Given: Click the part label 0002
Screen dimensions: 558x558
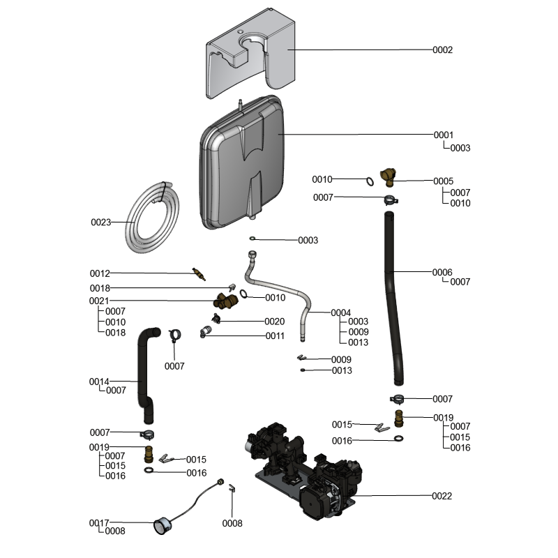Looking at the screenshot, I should [x=443, y=50].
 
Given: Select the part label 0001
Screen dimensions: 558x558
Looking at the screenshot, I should [x=444, y=135].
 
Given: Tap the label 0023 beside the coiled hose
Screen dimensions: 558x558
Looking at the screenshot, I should [x=101, y=223].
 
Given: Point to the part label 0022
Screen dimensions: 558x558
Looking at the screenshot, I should [x=442, y=497].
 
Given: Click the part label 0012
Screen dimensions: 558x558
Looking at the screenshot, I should [x=100, y=273].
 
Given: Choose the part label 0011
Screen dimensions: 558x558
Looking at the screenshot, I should [x=274, y=335].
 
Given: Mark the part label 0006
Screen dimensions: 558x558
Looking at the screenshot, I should [x=442, y=272].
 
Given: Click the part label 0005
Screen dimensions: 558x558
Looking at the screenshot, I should [x=443, y=181].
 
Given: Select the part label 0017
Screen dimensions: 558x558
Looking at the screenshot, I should [x=98, y=522].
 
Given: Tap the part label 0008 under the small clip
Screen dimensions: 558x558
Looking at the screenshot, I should [x=232, y=523].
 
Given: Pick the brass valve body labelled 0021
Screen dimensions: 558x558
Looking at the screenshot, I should [x=225, y=301].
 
